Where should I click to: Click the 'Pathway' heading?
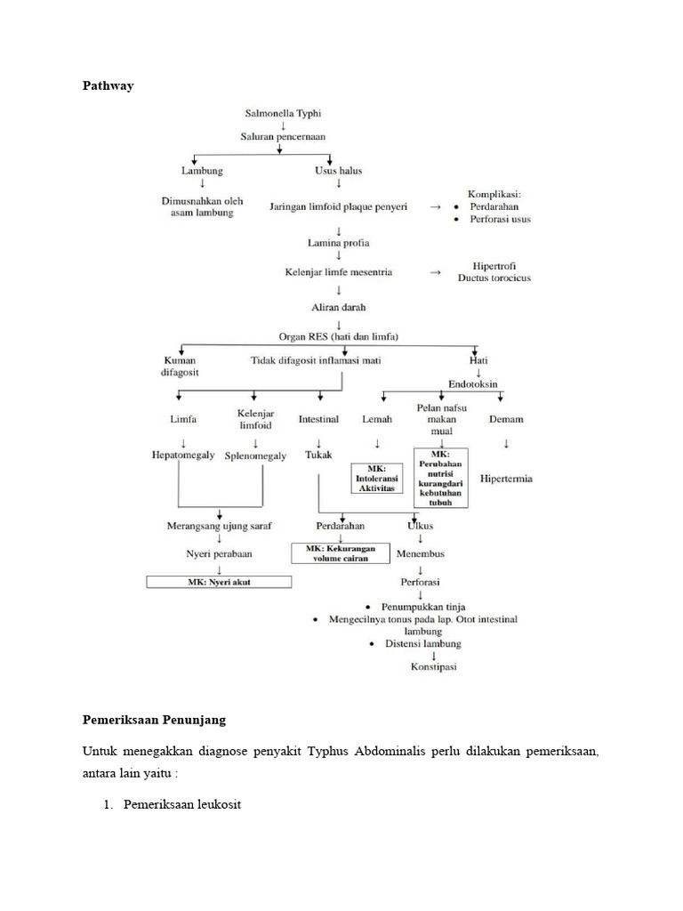pos(108,86)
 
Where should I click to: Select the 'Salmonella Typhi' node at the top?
pos(284,113)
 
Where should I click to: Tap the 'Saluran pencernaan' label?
pos(284,136)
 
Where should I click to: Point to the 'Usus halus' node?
pos(339,170)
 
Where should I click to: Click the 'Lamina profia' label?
pos(339,242)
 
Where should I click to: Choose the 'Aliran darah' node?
pos(339,307)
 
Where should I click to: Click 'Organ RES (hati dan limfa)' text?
pos(338,336)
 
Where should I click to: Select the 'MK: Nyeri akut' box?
pos(220,582)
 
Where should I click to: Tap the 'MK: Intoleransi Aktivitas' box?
pos(377,479)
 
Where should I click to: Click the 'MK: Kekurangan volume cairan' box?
pos(341,554)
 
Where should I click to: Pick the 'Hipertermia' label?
pos(506,479)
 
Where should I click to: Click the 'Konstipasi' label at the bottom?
pos(433,667)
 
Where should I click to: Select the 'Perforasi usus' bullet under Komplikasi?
pos(499,219)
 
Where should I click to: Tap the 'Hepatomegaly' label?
pos(183,455)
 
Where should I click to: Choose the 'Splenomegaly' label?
pos(254,455)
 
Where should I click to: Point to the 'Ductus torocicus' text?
pos(494,278)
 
